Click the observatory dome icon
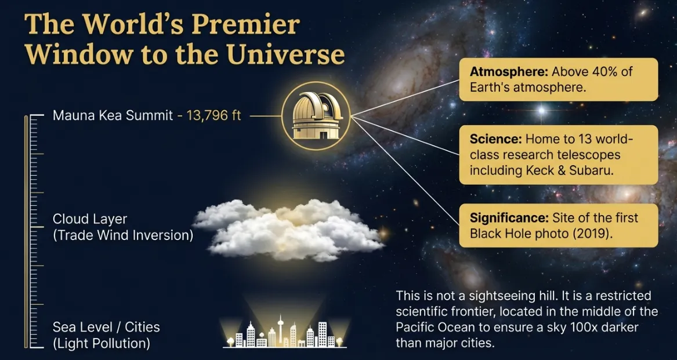[316, 116]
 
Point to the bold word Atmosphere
[509, 72]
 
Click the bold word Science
[495, 140]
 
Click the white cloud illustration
[288, 229]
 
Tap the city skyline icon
[284, 333]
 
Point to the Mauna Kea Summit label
[113, 115]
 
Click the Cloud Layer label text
[90, 219]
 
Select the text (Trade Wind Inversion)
[123, 236]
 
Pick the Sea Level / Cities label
[106, 327]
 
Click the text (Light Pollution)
[102, 343]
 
